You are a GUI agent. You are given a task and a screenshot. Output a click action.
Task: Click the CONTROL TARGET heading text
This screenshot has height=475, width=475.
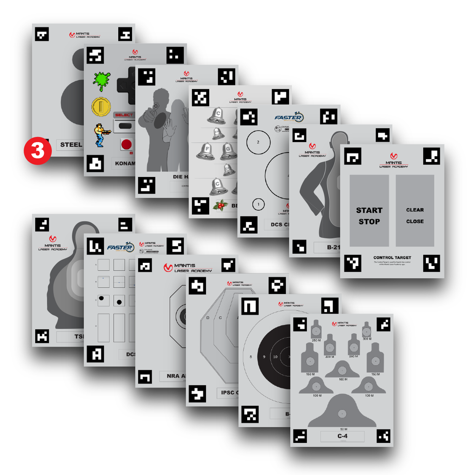coord(392,257)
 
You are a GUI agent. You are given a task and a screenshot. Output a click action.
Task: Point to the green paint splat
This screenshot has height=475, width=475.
coord(101,81)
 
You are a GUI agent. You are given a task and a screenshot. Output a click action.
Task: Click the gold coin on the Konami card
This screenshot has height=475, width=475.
coord(100,107)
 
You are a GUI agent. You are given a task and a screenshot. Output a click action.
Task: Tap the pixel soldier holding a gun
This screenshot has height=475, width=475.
coord(100,135)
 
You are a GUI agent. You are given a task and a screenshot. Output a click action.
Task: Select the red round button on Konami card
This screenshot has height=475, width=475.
coord(126,144)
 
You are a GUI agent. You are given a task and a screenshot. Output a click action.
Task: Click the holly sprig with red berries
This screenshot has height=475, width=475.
coord(220,205)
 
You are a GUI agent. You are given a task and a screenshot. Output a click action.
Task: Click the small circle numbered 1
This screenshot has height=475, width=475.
coord(258,204)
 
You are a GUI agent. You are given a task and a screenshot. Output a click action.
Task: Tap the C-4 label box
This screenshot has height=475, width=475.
coord(342,436)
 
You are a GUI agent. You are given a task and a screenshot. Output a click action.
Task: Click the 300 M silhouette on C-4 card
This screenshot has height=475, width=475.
coord(366,330)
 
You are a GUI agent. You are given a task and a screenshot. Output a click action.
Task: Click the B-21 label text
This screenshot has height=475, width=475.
coord(332,247)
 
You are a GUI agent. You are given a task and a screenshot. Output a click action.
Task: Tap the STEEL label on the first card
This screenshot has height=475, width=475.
coord(71,144)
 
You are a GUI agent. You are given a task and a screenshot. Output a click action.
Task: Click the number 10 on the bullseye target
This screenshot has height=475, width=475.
coord(275,357)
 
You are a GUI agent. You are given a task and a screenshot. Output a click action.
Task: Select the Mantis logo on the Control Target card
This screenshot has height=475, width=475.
coord(393,160)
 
